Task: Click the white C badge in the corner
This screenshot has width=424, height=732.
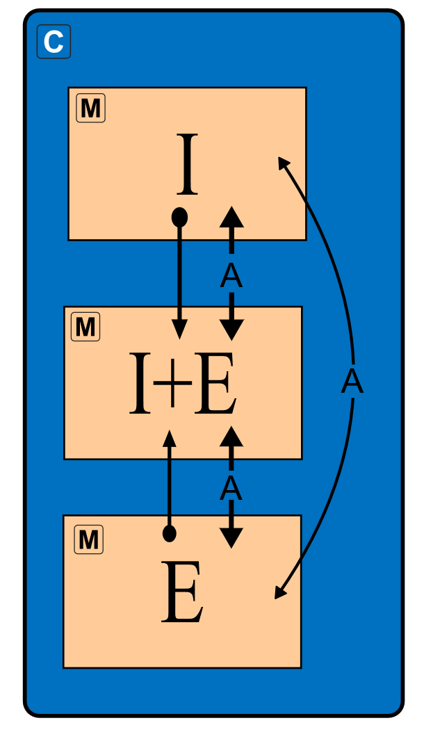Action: [54, 42]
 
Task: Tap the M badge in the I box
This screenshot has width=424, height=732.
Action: [90, 108]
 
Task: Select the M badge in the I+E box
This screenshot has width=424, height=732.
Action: [85, 327]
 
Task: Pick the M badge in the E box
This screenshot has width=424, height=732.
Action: [88, 539]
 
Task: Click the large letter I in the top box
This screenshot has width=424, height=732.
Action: [187, 165]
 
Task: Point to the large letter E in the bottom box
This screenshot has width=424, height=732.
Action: [182, 592]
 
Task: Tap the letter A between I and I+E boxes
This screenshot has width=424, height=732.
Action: [231, 277]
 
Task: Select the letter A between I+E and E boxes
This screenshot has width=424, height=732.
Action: [231, 489]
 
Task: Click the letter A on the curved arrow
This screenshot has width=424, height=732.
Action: [352, 382]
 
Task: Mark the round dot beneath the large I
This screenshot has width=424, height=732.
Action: [179, 218]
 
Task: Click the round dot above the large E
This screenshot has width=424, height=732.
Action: [169, 533]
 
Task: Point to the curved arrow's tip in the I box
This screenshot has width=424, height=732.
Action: [282, 162]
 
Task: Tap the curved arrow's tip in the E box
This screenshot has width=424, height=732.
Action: [279, 593]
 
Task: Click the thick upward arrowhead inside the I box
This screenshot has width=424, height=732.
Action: [231, 217]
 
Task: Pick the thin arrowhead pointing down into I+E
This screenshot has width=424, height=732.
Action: [179, 330]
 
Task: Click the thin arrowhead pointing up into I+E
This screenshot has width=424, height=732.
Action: [169, 438]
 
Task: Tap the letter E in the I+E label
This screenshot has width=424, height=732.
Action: [215, 384]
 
